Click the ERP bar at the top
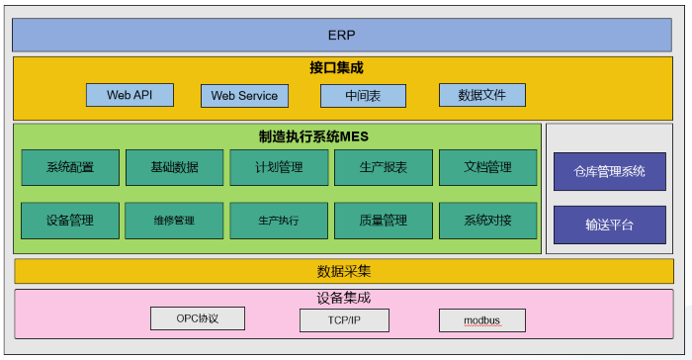[x=342, y=35]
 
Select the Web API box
[x=128, y=95]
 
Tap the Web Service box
[x=245, y=96]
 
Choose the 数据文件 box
[x=481, y=96]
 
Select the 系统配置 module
[x=70, y=167]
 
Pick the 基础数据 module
[x=174, y=167]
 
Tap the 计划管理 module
[x=279, y=167]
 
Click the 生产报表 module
[x=383, y=167]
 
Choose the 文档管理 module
[x=487, y=167]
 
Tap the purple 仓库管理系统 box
[x=609, y=171]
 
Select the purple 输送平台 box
[x=609, y=225]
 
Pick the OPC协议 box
[x=197, y=318]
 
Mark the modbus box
[x=481, y=320]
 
